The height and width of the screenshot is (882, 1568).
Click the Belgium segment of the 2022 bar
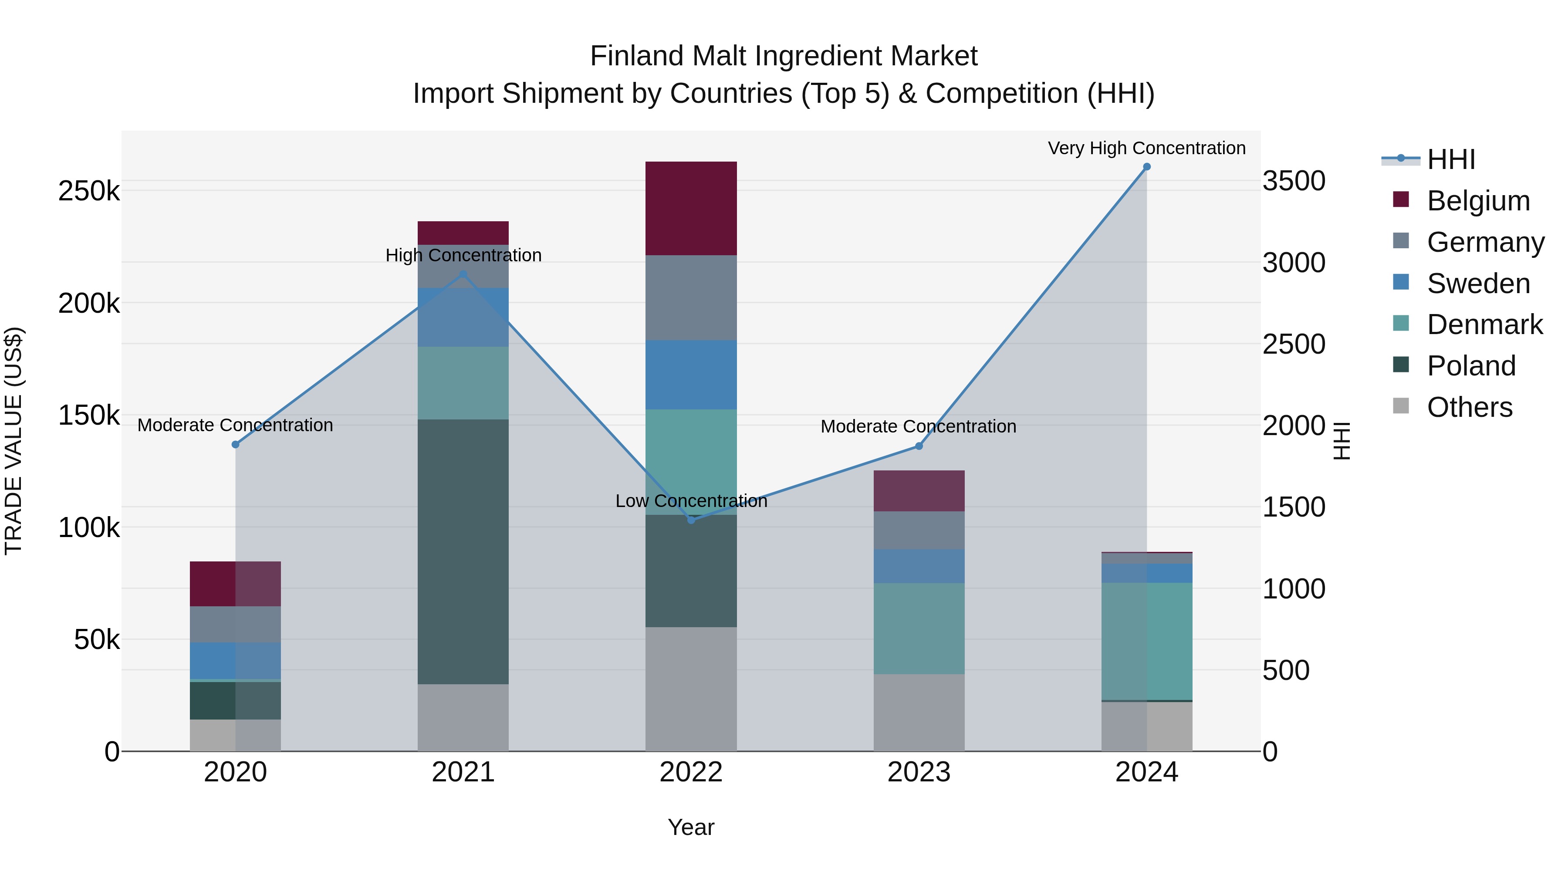(x=691, y=208)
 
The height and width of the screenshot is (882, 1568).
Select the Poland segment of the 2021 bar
(x=463, y=551)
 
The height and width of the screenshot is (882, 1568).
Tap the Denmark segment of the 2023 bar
(x=919, y=628)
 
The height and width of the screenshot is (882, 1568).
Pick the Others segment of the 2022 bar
(x=691, y=689)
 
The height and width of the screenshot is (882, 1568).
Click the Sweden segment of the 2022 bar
(x=691, y=374)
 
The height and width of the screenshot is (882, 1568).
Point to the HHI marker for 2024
(x=1147, y=167)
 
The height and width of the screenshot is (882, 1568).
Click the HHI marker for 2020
(x=236, y=444)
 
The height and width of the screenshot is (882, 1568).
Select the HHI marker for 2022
(x=691, y=520)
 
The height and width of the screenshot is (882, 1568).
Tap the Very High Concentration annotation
(x=1146, y=148)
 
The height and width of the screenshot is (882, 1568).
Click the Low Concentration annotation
(x=691, y=501)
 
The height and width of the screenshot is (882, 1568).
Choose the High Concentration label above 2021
(x=463, y=255)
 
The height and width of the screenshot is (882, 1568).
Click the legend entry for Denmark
(x=1484, y=324)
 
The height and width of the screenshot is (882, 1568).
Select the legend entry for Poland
(x=1470, y=366)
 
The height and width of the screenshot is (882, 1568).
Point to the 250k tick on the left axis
(x=89, y=191)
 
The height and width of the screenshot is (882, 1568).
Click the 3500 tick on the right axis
(x=1294, y=181)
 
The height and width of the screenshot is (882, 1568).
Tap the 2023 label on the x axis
(x=919, y=772)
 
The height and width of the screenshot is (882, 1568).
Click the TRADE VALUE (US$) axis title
(x=14, y=441)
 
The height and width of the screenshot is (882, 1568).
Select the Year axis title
(x=691, y=827)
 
